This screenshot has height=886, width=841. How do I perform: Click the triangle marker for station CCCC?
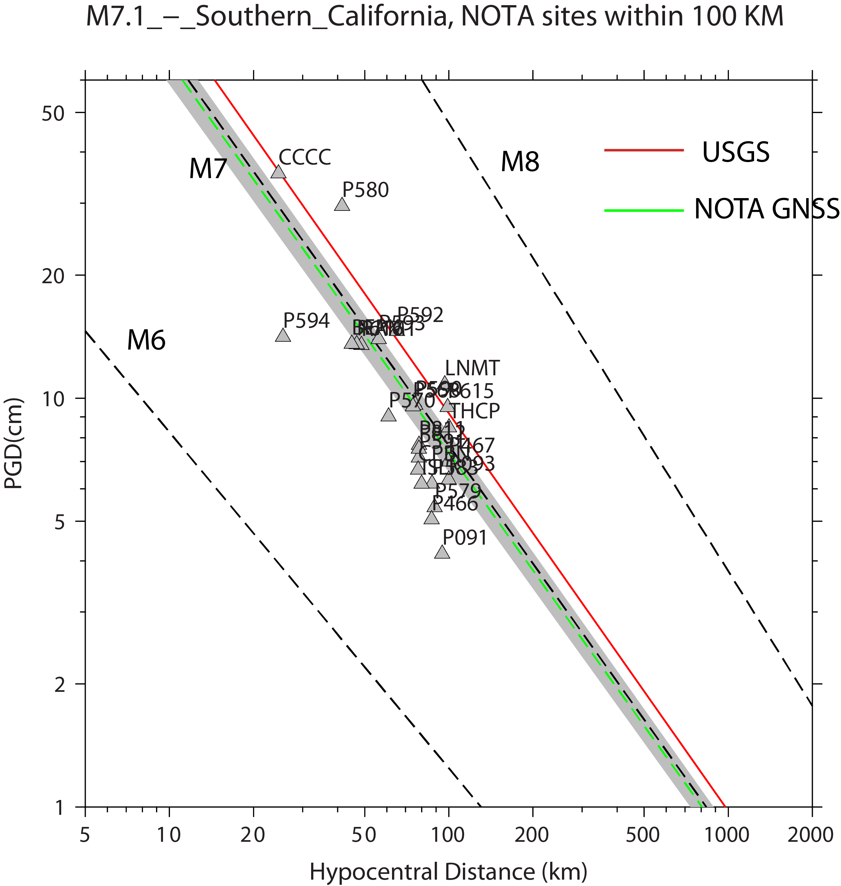(x=278, y=172)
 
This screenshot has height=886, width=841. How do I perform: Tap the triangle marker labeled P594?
(x=283, y=336)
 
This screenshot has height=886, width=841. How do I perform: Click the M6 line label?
(x=146, y=340)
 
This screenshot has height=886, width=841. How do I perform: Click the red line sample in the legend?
(x=644, y=150)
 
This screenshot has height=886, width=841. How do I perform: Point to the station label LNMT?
(x=472, y=368)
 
